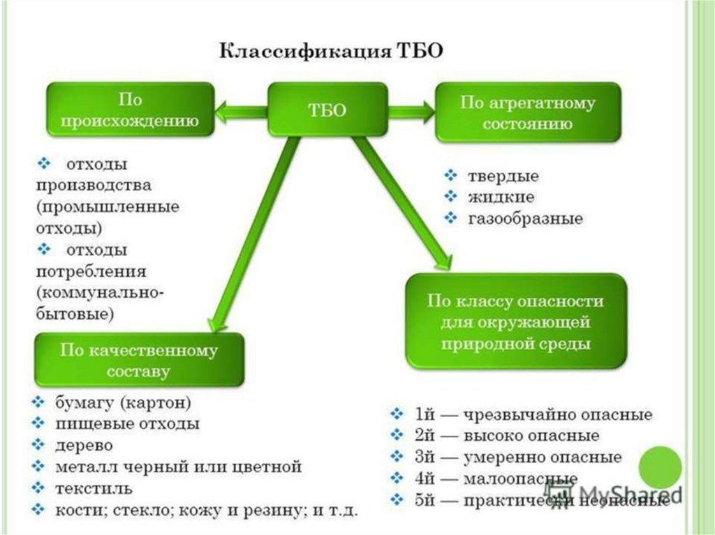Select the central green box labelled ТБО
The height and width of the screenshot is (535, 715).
click(327, 110)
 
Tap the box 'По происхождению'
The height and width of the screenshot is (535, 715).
click(129, 110)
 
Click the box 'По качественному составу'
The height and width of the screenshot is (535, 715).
click(138, 360)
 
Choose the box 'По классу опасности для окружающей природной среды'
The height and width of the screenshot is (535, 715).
click(515, 322)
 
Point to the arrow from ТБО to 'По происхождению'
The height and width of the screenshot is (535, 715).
click(242, 110)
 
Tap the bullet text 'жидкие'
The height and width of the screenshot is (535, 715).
click(501, 197)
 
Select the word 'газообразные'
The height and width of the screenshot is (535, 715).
click(525, 218)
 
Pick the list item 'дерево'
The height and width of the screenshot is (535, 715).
click(84, 444)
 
